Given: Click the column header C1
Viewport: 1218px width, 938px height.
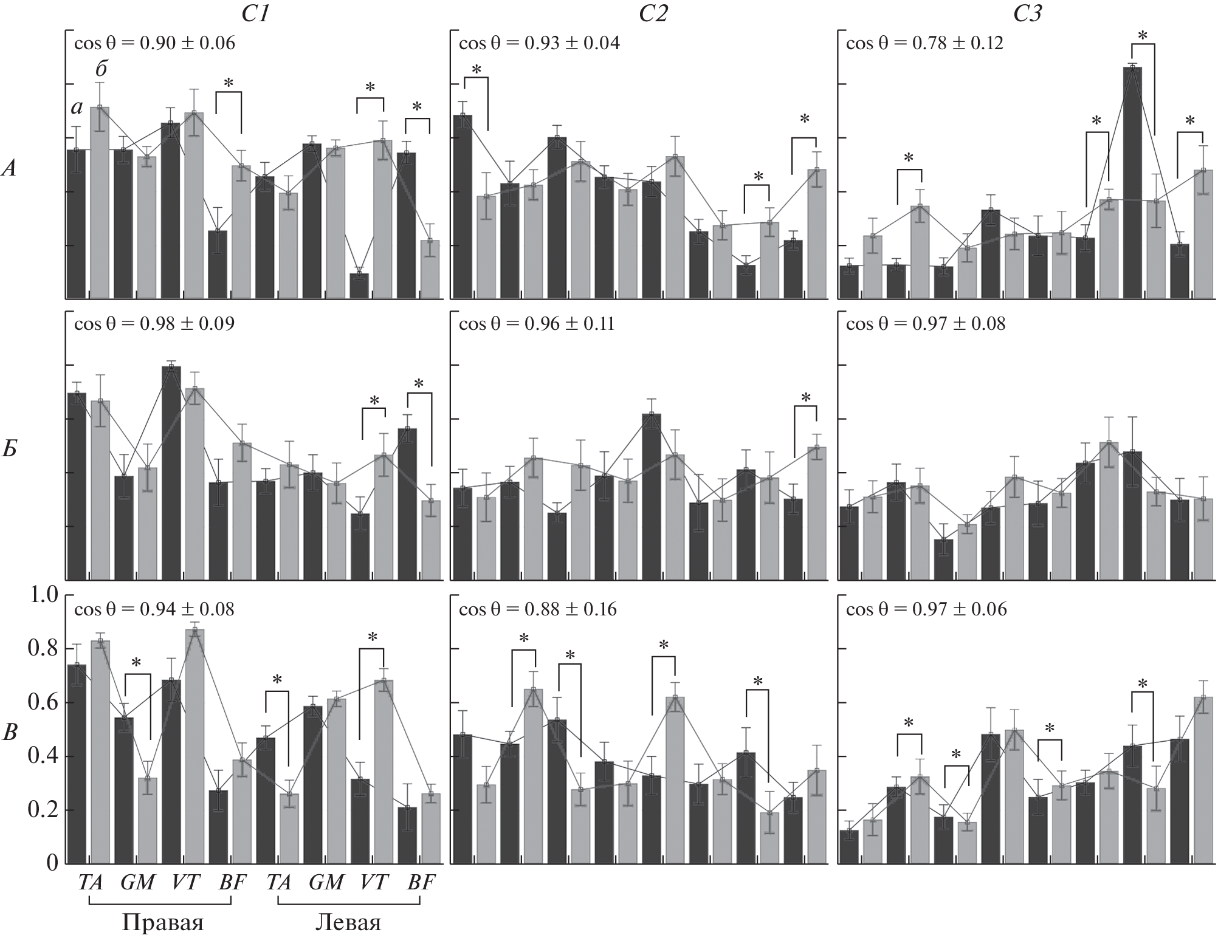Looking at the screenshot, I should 256,13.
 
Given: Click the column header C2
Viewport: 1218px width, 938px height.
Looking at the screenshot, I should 653,13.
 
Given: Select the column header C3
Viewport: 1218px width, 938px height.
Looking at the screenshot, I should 1027,13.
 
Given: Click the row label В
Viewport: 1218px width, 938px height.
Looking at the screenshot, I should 10,733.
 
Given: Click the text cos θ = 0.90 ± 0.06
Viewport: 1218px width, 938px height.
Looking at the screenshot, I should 154,43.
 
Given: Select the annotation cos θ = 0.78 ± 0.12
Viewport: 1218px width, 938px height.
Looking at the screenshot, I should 924,43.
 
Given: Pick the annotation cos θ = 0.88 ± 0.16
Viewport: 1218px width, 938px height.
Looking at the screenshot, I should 538,609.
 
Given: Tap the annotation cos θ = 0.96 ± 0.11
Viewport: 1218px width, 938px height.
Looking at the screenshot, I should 537,324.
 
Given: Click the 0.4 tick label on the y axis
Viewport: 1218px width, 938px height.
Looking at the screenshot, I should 44,757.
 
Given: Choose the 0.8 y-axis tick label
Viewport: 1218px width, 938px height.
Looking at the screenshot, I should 44,649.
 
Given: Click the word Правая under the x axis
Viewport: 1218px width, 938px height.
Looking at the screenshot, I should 162,923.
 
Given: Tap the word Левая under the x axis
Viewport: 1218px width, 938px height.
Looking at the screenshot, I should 348,923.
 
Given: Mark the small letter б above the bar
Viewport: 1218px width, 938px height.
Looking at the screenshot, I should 101,69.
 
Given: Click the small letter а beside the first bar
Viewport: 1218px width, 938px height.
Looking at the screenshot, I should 77,108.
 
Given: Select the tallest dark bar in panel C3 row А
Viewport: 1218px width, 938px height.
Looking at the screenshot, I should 1132,182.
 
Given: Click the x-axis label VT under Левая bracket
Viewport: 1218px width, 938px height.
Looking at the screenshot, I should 373,882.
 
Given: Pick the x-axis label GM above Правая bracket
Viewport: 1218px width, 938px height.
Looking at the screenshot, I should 137,882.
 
